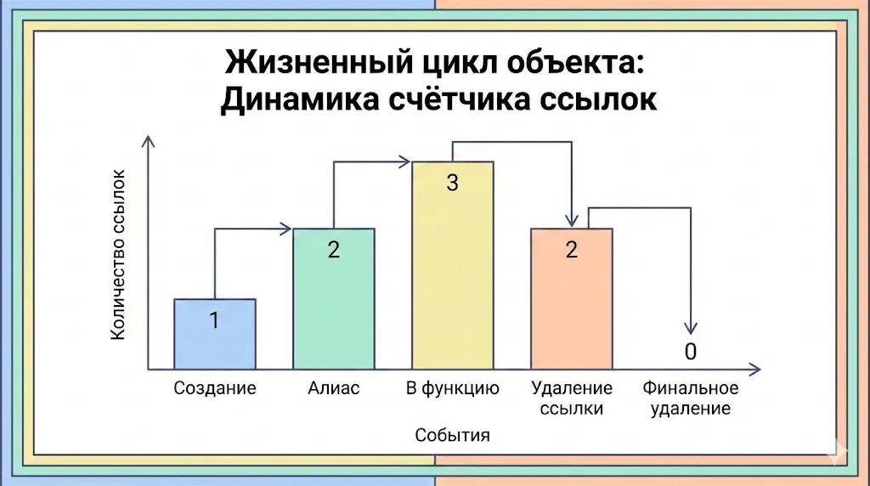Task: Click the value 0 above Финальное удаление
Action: pos(691,352)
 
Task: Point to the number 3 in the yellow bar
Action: pos(453,182)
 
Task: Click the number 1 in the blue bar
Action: pos(214,320)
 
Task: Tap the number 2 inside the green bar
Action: pos(334,250)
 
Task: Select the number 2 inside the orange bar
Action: pos(572,250)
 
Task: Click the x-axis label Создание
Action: pos(215,389)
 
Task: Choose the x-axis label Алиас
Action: pos(334,389)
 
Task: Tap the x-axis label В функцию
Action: pos(452,389)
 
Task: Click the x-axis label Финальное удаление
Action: pos(691,398)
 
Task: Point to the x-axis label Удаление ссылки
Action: pos(572,398)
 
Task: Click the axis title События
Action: pos(453,436)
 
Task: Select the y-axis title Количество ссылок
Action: pos(118,255)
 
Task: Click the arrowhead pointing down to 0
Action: pos(691,328)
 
